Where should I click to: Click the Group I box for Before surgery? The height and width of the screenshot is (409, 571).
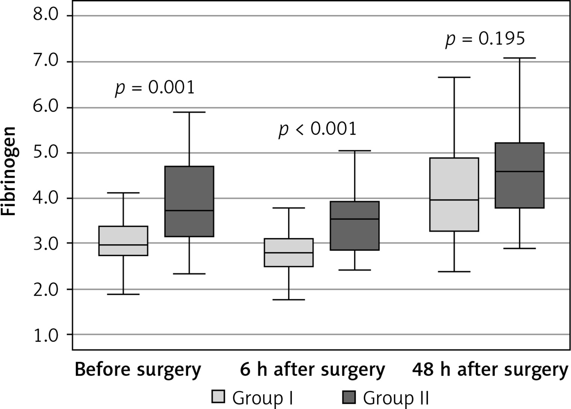tap(123, 241)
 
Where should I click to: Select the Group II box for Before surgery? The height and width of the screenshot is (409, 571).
tap(189, 201)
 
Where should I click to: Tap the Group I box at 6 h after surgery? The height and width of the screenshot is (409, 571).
tap(289, 252)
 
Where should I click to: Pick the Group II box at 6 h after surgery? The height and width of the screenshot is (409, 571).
tap(355, 226)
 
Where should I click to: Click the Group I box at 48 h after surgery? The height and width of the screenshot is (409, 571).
tap(454, 195)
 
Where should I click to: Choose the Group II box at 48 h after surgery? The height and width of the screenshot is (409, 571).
tap(520, 175)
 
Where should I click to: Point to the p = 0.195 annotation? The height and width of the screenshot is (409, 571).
tap(485, 39)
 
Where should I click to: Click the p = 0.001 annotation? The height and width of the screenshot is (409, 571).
tap(154, 88)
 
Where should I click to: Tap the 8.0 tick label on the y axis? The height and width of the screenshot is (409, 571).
tap(46, 16)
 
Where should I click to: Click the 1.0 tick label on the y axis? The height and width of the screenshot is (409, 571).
tap(46, 335)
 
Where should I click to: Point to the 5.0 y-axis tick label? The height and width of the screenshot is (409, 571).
tap(46, 153)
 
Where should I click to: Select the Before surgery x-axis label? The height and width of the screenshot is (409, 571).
tap(138, 370)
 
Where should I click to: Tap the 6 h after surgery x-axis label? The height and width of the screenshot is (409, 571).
tap(313, 370)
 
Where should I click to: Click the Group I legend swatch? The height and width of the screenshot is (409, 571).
tap(218, 397)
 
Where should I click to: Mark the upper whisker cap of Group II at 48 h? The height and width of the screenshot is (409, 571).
tap(520, 58)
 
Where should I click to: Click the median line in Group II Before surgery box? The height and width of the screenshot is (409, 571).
tap(189, 211)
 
